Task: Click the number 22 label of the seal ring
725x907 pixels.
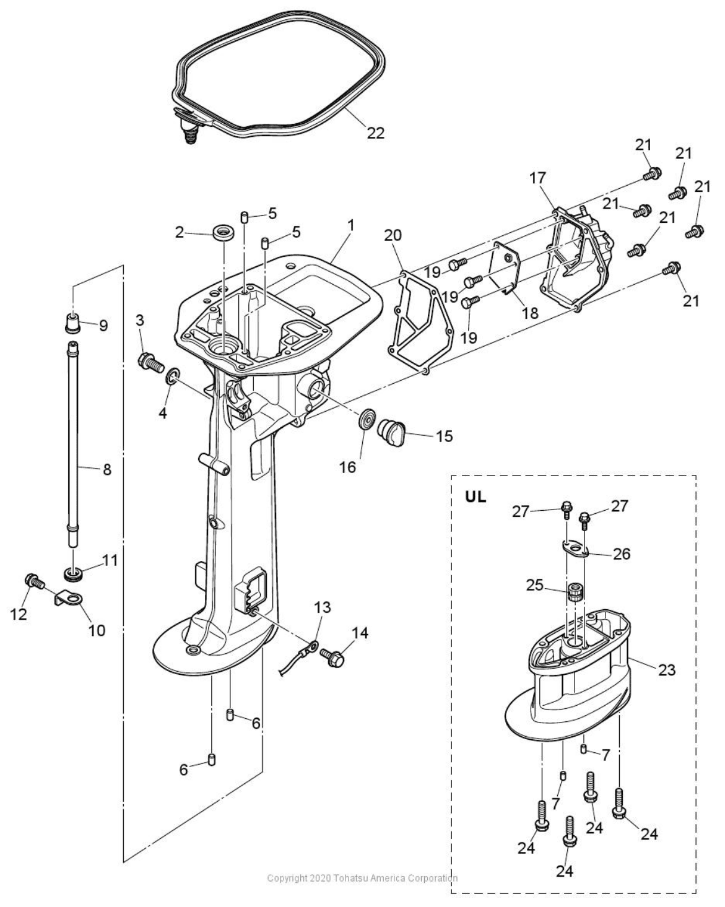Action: [x=375, y=132]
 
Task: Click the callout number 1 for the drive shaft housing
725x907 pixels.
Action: [x=350, y=225]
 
